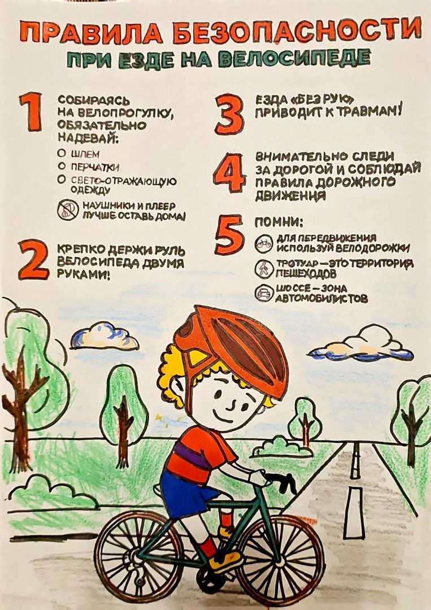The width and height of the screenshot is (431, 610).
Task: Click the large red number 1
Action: pos(32,112)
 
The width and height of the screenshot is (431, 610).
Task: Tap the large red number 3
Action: pos(230,115)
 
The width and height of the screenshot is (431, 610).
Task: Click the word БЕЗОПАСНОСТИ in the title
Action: pos(297,32)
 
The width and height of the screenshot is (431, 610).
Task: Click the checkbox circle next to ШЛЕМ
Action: pos(61,153)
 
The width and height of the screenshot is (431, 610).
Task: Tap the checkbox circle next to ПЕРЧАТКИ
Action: pos(61,166)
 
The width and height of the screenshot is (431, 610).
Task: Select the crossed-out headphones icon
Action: pos(68,210)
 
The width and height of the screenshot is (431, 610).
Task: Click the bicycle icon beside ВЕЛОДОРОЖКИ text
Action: pos(264,243)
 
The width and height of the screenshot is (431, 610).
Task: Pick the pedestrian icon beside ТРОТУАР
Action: pos(264,268)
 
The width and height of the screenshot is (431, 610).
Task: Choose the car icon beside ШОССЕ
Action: pos(264,293)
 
